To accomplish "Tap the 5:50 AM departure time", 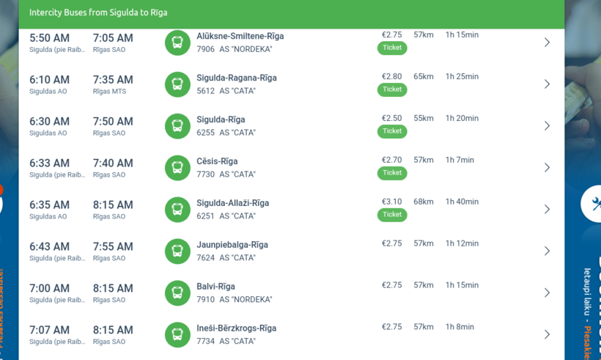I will pyautogui.click(x=49, y=38).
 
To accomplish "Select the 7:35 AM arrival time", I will pyautogui.click(x=113, y=80).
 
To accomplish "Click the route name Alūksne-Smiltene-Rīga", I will pyautogui.click(x=240, y=36).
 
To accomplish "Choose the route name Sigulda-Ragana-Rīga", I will pyautogui.click(x=236, y=78).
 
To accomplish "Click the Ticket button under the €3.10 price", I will pyautogui.click(x=392, y=215).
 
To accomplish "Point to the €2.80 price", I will pyautogui.click(x=391, y=76).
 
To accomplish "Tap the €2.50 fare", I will pyautogui.click(x=391, y=118).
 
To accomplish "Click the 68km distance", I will pyautogui.click(x=424, y=202).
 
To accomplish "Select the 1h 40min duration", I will pyautogui.click(x=462, y=202).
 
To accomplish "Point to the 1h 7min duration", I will pyautogui.click(x=460, y=160).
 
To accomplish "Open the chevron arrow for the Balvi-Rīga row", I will pyautogui.click(x=547, y=293).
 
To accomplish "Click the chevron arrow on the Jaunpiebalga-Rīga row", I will pyautogui.click(x=547, y=251).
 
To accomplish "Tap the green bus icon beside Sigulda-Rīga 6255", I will pyautogui.click(x=177, y=125).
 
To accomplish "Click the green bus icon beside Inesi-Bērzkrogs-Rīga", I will pyautogui.click(x=177, y=334).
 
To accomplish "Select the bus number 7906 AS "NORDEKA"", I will pyautogui.click(x=234, y=49).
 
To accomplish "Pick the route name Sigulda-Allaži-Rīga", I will pyautogui.click(x=232, y=203).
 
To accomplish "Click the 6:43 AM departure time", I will pyautogui.click(x=49, y=247).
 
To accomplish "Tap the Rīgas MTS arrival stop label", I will pyautogui.click(x=109, y=92).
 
